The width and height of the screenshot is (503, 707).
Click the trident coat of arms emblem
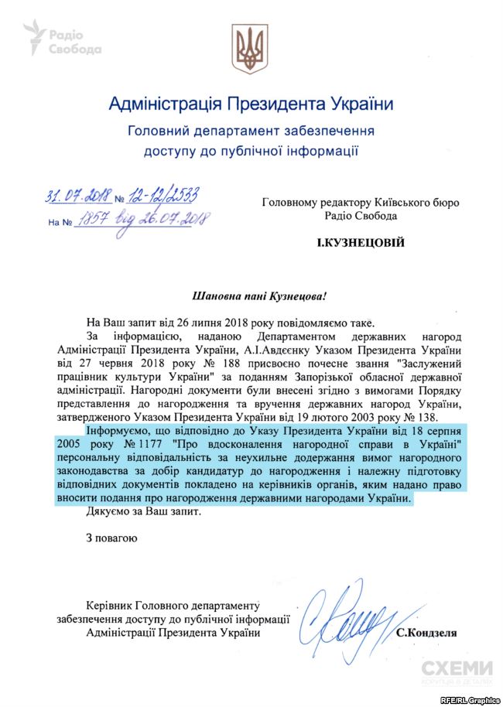(x=251, y=49)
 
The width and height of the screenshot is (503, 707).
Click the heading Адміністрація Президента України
(x=251, y=103)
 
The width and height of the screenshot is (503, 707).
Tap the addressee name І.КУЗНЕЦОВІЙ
(x=361, y=244)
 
